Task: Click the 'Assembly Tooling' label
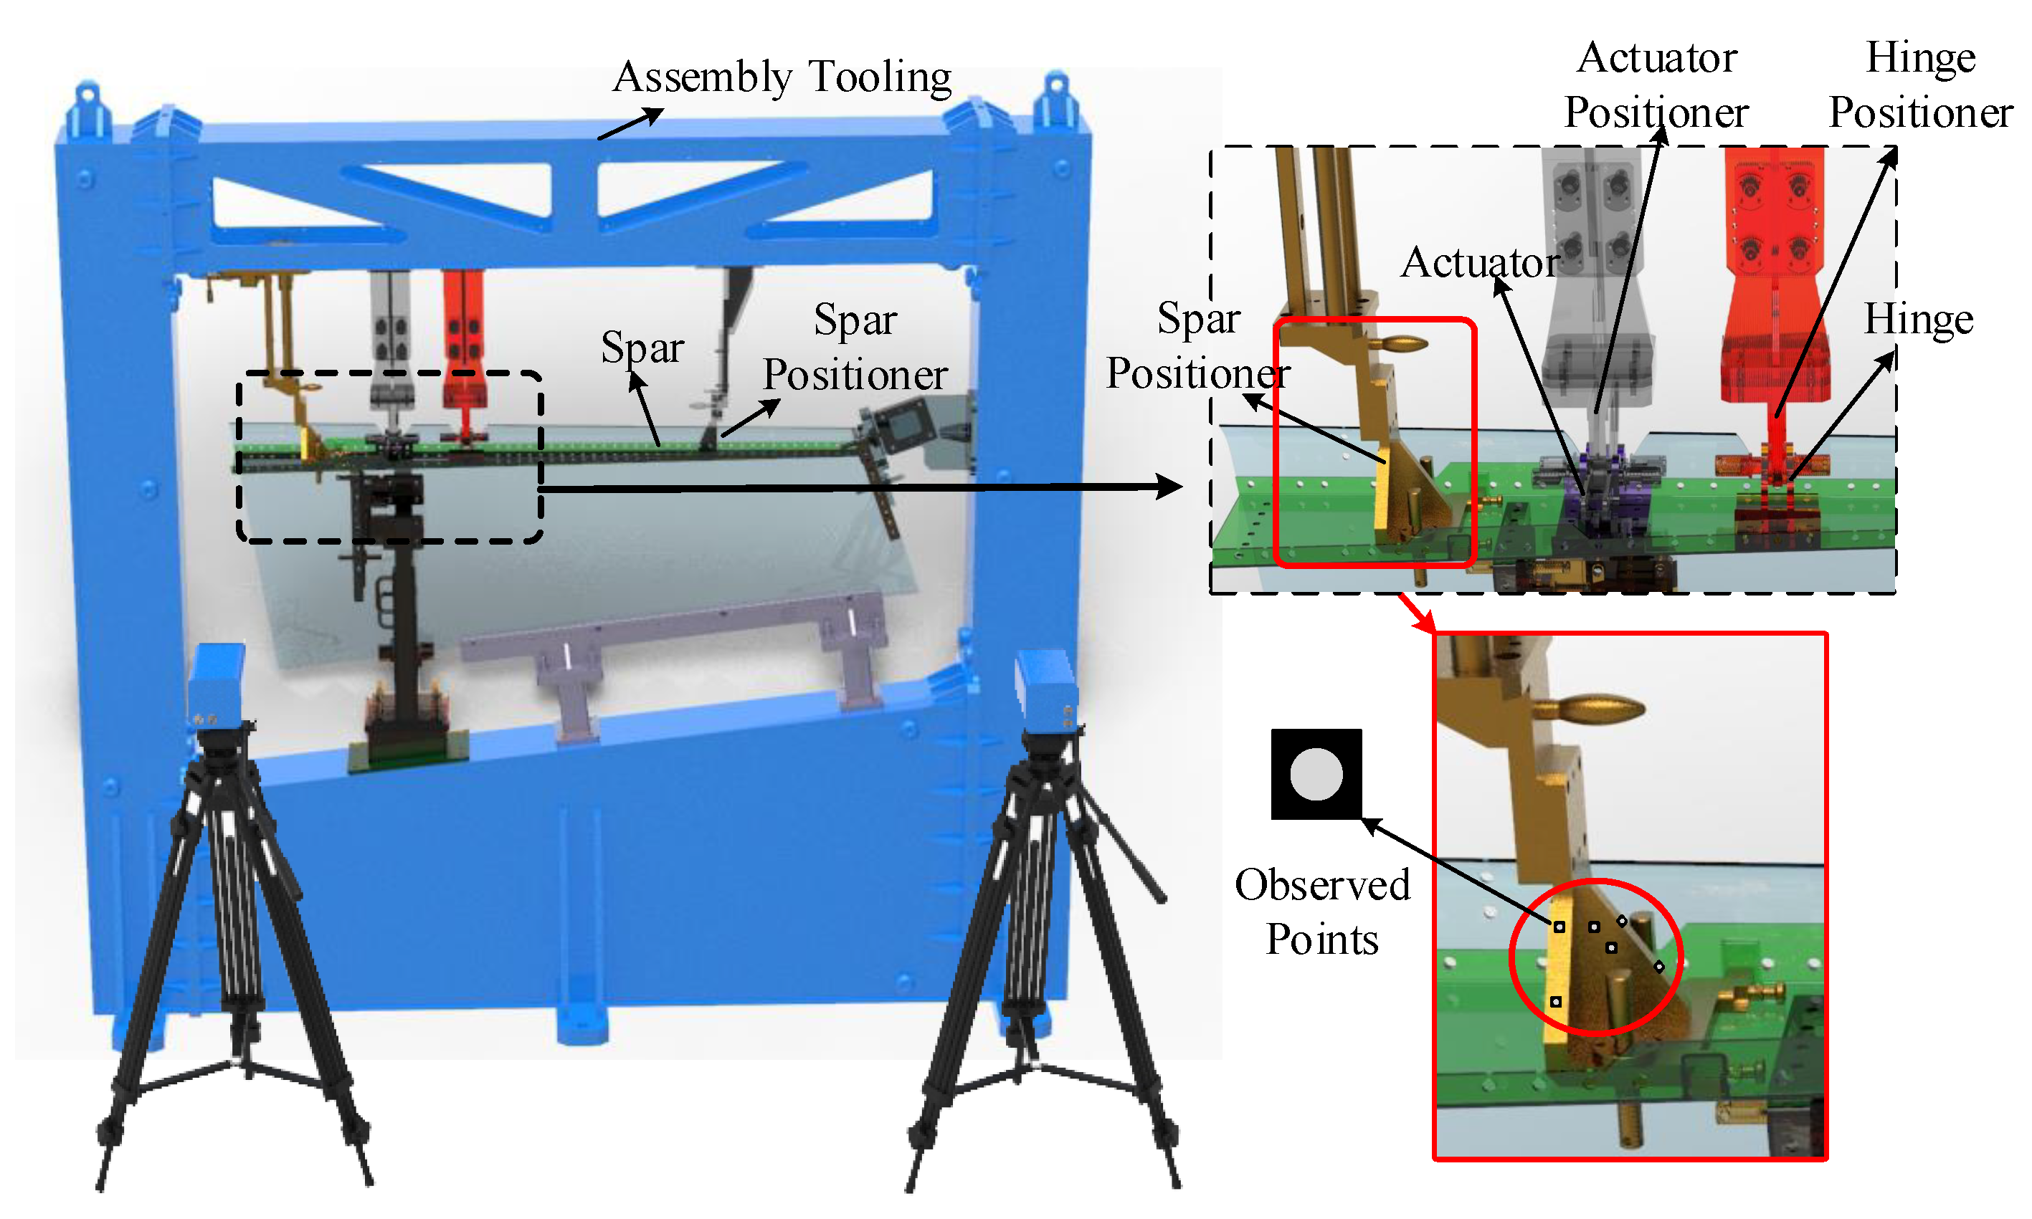pos(782,77)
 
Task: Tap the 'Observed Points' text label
pos(1321,912)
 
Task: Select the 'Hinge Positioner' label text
pos(1920,85)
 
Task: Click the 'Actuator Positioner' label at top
pos(1656,85)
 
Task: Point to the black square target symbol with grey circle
pos(1316,774)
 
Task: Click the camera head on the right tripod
pos(1046,690)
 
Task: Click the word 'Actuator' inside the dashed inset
pos(1479,263)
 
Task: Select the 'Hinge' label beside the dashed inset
pos(1918,319)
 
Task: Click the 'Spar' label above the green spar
pos(642,348)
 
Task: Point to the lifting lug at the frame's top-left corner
pos(89,107)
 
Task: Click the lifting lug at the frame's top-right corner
pos(1055,102)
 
